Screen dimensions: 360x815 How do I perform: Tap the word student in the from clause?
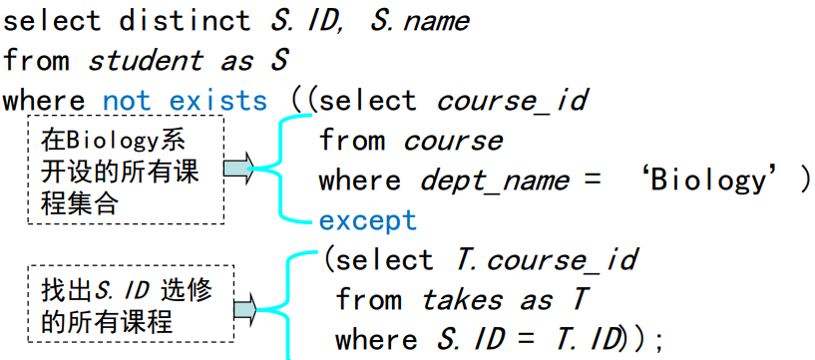pos(145,61)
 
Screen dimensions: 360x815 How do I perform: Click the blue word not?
pos(127,101)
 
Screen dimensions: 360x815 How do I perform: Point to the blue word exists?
pos(218,101)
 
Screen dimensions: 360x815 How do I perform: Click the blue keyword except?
pos(367,219)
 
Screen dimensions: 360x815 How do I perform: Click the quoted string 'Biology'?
pos(707,180)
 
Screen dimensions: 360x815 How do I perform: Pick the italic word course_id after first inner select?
pos(513,101)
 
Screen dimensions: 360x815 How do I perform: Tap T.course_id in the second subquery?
pos(546,260)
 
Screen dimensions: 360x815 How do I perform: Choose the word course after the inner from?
pos(453,141)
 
